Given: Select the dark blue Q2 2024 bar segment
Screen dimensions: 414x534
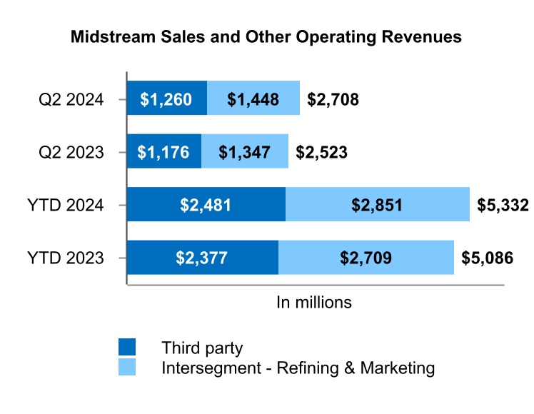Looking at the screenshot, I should (x=166, y=99).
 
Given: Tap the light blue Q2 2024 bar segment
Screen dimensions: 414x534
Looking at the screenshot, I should (x=253, y=99).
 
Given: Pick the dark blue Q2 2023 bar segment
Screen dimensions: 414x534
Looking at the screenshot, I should (x=163, y=151).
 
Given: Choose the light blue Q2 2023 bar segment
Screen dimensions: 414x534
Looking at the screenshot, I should (x=245, y=151).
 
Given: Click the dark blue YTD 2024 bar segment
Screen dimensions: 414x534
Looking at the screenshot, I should (x=206, y=205).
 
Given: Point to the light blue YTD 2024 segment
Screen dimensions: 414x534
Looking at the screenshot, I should (x=378, y=205).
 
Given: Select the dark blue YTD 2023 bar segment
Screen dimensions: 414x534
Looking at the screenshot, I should (x=202, y=258).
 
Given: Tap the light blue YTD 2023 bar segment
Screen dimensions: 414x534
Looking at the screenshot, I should (x=366, y=258).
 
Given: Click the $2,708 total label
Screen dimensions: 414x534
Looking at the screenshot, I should (x=333, y=99).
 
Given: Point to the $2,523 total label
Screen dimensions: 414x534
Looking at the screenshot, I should (x=321, y=152).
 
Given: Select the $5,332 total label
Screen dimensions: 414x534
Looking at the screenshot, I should (x=503, y=206).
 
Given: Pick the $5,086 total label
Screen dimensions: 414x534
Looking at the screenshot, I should (x=487, y=258).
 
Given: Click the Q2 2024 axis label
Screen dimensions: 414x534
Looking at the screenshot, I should (x=71, y=99).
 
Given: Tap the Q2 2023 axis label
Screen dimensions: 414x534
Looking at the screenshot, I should (x=71, y=152).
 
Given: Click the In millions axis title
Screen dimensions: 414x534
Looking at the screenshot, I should (x=314, y=302).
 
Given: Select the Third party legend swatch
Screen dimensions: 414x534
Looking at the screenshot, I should (x=127, y=348).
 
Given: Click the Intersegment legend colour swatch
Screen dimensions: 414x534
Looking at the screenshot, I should (x=127, y=368).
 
